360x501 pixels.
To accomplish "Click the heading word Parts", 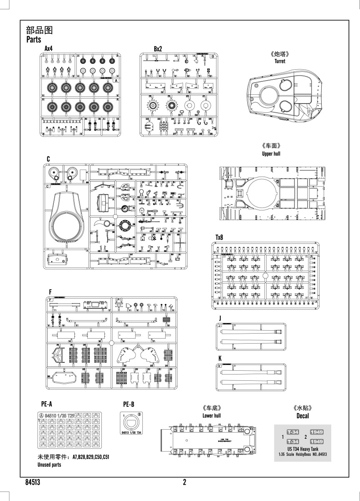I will (33, 40).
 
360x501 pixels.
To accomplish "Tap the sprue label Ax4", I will (48, 49).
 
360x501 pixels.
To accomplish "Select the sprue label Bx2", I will (158, 49).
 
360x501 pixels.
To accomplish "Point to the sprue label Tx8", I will (219, 237).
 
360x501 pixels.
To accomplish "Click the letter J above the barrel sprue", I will (220, 319).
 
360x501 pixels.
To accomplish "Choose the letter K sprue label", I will (220, 358).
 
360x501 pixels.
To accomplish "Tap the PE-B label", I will (128, 404).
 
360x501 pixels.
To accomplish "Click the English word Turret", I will (280, 61).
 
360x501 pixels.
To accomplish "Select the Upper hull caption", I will (271, 154).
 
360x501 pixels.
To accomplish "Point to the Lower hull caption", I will (211, 416).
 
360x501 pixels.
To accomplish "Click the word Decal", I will (302, 416).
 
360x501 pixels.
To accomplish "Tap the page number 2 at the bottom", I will (184, 483).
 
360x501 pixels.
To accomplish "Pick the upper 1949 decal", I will (317, 433).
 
